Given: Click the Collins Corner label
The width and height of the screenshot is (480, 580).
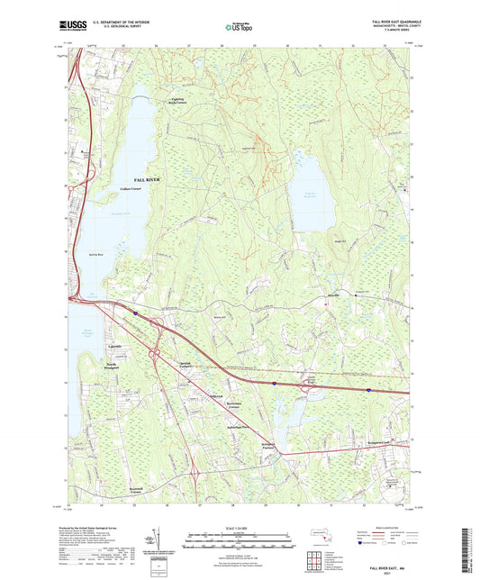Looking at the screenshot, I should tap(132, 189).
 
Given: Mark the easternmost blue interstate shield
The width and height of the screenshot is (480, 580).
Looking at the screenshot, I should tap(369, 390).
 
